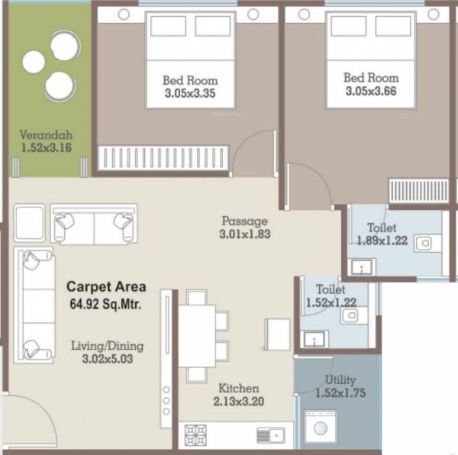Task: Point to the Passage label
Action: tap(244, 221)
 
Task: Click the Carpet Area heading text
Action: tap(106, 288)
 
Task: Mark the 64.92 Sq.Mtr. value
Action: tap(106, 303)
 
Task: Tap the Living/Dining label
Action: tap(107, 346)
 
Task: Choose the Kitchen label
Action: tap(238, 388)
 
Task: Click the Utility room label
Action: tap(340, 379)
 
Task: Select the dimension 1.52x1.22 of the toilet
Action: tap(330, 303)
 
